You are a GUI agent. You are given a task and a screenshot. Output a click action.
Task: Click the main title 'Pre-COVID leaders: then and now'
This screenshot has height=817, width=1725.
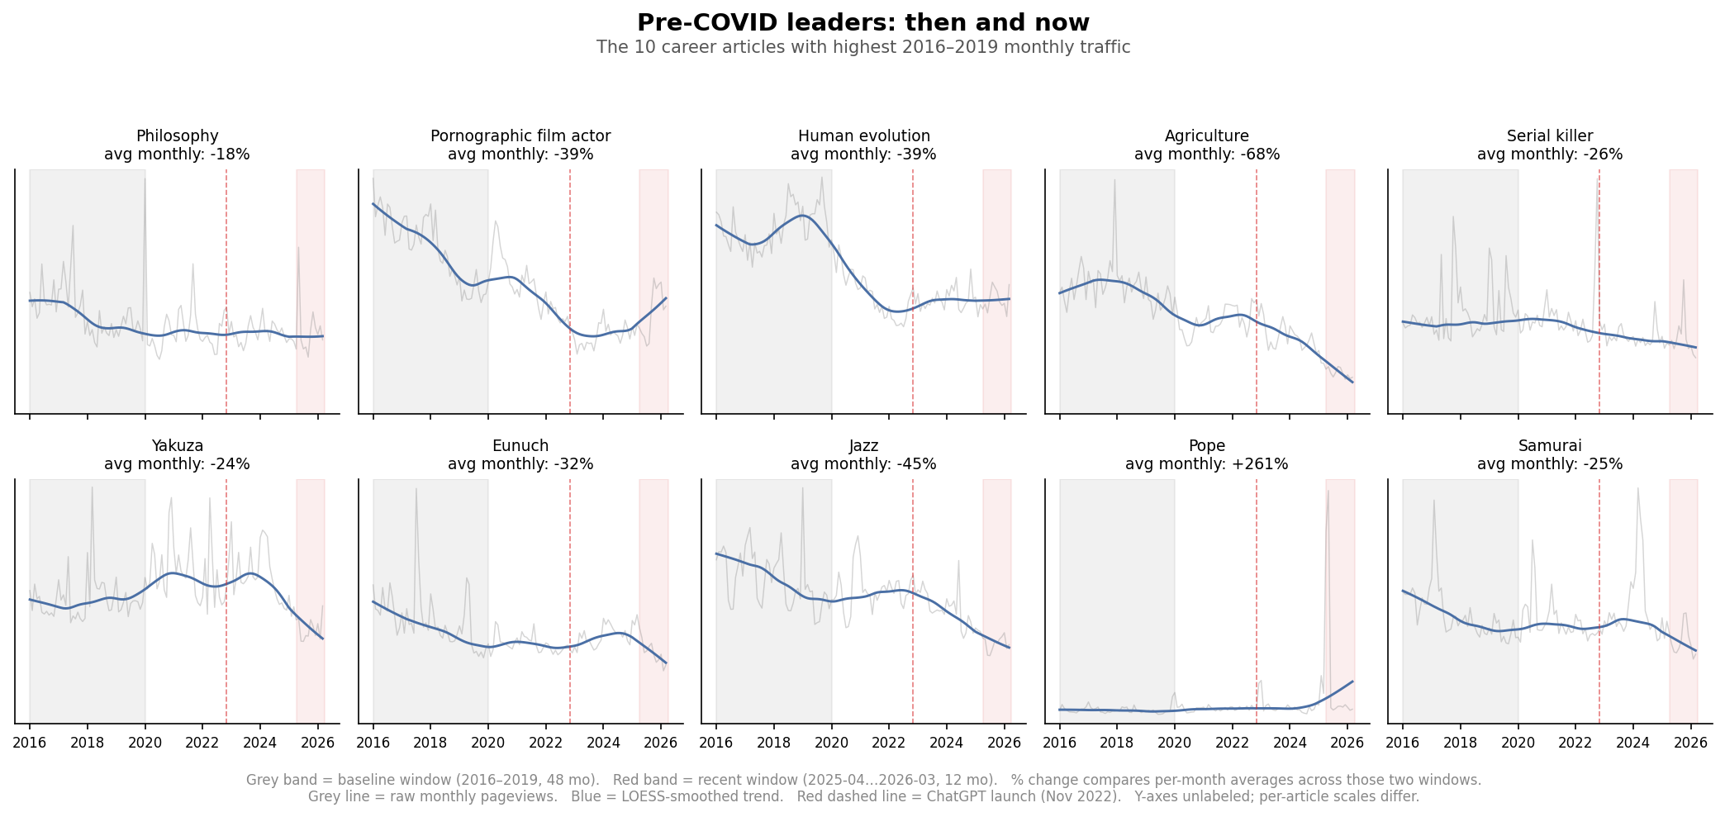pyautogui.click(x=862, y=22)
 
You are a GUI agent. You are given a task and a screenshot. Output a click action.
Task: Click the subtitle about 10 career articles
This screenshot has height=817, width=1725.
pyautogui.click(x=862, y=47)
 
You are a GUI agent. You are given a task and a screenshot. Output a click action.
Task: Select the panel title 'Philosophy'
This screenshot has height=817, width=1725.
pyautogui.click(x=177, y=136)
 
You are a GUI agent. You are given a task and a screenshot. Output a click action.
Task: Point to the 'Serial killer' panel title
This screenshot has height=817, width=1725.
pyautogui.click(x=1549, y=136)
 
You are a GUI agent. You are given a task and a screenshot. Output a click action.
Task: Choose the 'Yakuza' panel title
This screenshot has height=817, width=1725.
pyautogui.click(x=177, y=446)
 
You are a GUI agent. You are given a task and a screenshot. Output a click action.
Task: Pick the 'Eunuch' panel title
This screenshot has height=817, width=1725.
pyautogui.click(x=520, y=446)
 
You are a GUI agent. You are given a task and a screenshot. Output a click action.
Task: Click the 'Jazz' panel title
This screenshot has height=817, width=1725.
pyautogui.click(x=863, y=446)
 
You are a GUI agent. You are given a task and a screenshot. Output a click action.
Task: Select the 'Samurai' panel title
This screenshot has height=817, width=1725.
pyautogui.click(x=1549, y=446)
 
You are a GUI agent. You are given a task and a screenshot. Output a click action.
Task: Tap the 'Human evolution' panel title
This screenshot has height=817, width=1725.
pyautogui.click(x=863, y=136)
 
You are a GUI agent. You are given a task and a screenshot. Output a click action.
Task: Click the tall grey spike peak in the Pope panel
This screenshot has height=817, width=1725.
pyautogui.click(x=1328, y=492)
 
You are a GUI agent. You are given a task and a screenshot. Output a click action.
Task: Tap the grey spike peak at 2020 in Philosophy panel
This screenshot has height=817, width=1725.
pyautogui.click(x=145, y=179)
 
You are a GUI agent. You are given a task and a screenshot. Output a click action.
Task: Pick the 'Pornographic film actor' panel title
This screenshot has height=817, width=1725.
pyautogui.click(x=520, y=136)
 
